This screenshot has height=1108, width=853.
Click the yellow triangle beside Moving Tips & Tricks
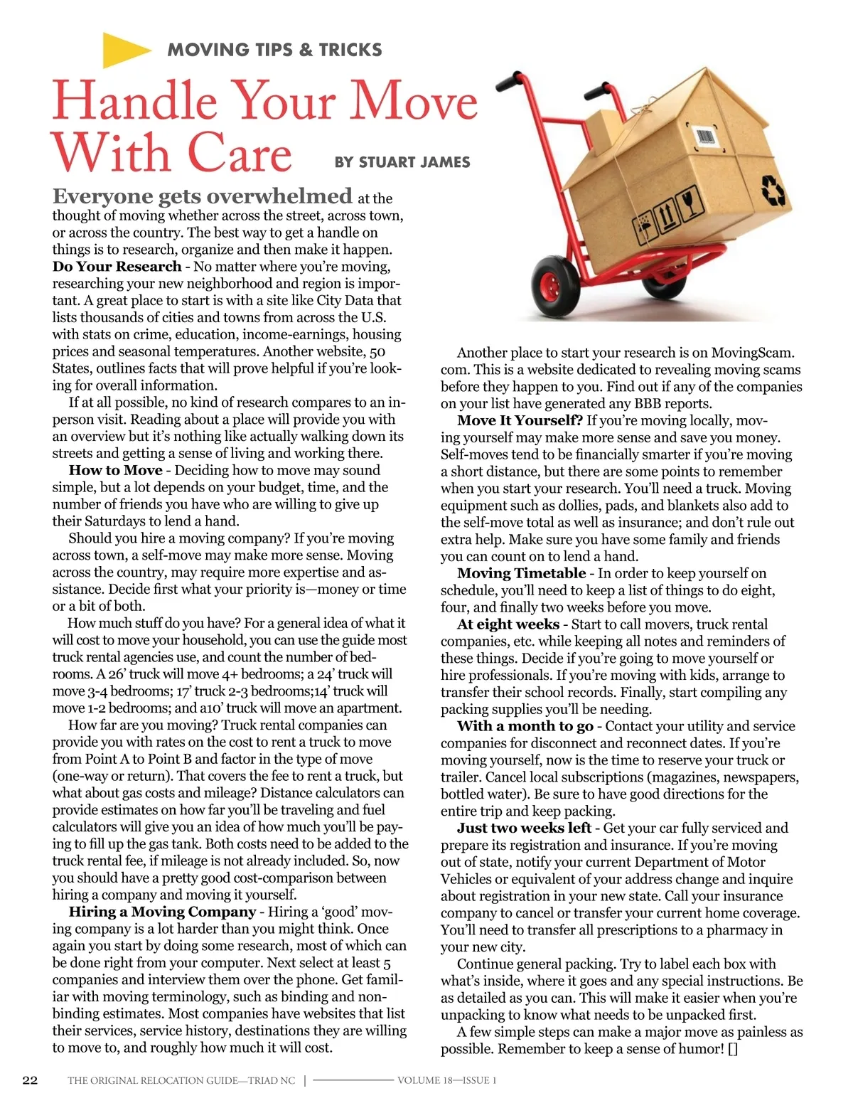pos(124,50)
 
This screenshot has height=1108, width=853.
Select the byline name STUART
pos(390,162)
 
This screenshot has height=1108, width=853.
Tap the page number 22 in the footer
pos(30,1080)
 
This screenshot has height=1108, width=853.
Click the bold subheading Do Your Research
pos(117,267)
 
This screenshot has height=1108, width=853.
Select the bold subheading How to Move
pos(116,470)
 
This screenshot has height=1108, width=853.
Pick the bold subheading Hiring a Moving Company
pos(162,912)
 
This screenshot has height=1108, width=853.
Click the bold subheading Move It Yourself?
pos(520,420)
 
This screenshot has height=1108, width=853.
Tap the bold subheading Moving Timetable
pos(521,573)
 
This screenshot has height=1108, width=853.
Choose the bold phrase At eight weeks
pos(508,624)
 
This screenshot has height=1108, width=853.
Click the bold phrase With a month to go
pos(525,726)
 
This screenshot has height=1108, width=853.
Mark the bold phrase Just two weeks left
pos(524,828)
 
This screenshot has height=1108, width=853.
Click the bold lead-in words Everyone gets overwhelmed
pos(202,196)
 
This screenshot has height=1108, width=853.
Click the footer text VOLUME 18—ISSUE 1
pos(446,1080)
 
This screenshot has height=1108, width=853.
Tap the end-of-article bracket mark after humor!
pos(733,1049)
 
